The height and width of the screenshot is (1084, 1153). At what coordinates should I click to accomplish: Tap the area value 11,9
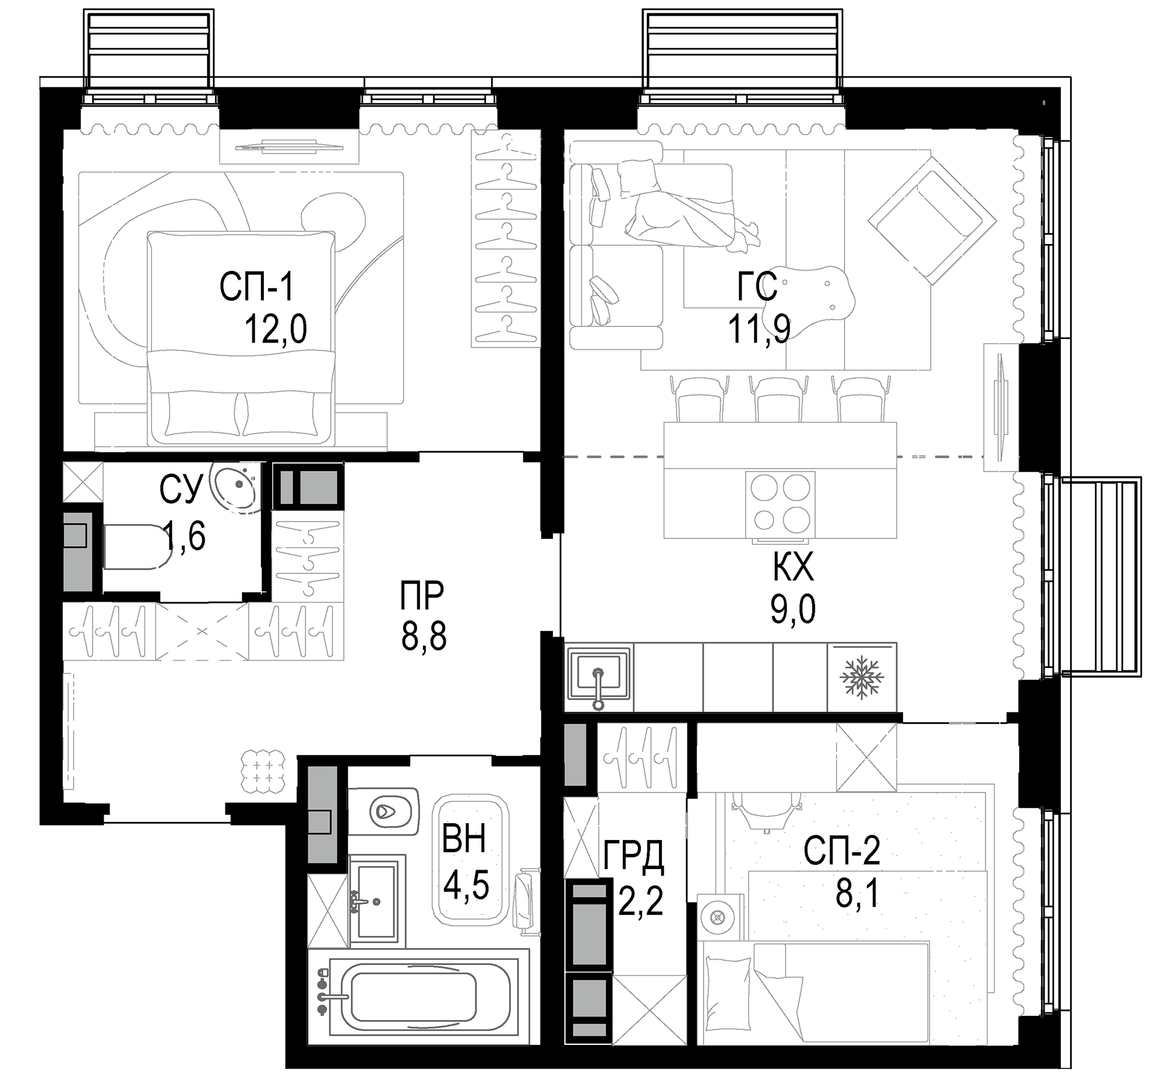click(x=759, y=329)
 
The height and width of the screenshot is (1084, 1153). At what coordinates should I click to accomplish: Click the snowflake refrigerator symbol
click(x=861, y=678)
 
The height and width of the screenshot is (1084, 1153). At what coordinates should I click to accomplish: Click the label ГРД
click(x=634, y=856)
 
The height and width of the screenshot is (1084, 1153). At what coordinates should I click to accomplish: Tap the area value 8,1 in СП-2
click(x=858, y=895)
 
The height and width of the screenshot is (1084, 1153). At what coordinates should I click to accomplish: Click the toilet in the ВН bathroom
click(x=384, y=812)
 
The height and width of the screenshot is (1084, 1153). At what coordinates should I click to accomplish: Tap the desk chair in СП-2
click(x=767, y=810)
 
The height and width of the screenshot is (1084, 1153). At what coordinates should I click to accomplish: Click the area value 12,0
click(x=275, y=329)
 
